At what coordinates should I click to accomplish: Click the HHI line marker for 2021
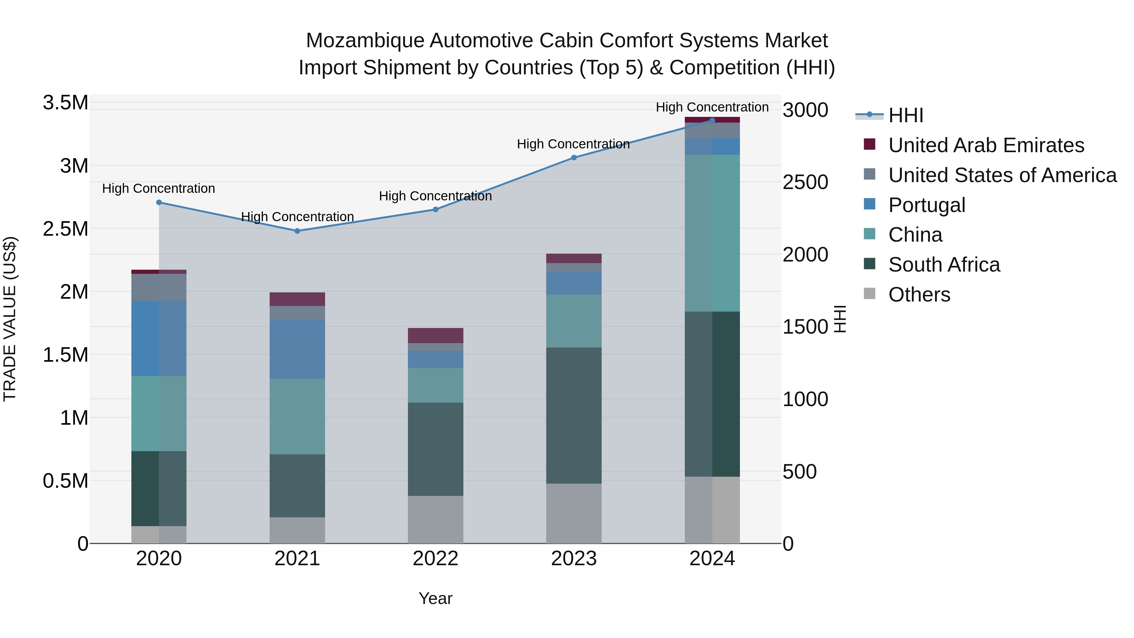tap(297, 231)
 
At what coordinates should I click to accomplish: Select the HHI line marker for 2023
tap(574, 158)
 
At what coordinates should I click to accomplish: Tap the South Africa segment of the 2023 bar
tap(574, 415)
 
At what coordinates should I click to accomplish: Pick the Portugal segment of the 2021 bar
tap(297, 349)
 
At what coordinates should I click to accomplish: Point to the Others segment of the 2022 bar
tap(435, 519)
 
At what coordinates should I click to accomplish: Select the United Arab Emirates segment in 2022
tap(435, 336)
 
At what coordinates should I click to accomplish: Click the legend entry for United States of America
tap(1002, 175)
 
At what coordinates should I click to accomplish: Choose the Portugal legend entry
tap(927, 205)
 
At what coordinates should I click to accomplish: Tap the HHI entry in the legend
tap(906, 115)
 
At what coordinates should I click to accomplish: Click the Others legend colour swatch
tap(869, 294)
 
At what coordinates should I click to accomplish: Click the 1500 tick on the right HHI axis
tap(805, 327)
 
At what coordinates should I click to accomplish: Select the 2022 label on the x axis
tap(435, 559)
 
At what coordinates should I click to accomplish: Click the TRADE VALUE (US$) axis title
tap(10, 319)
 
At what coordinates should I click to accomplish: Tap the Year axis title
tap(435, 598)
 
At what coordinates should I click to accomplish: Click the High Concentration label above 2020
tap(158, 188)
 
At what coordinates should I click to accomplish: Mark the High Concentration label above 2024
tap(712, 107)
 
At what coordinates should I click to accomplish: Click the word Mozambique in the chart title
tap(365, 41)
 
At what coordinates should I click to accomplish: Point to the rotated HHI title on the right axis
tap(840, 319)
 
